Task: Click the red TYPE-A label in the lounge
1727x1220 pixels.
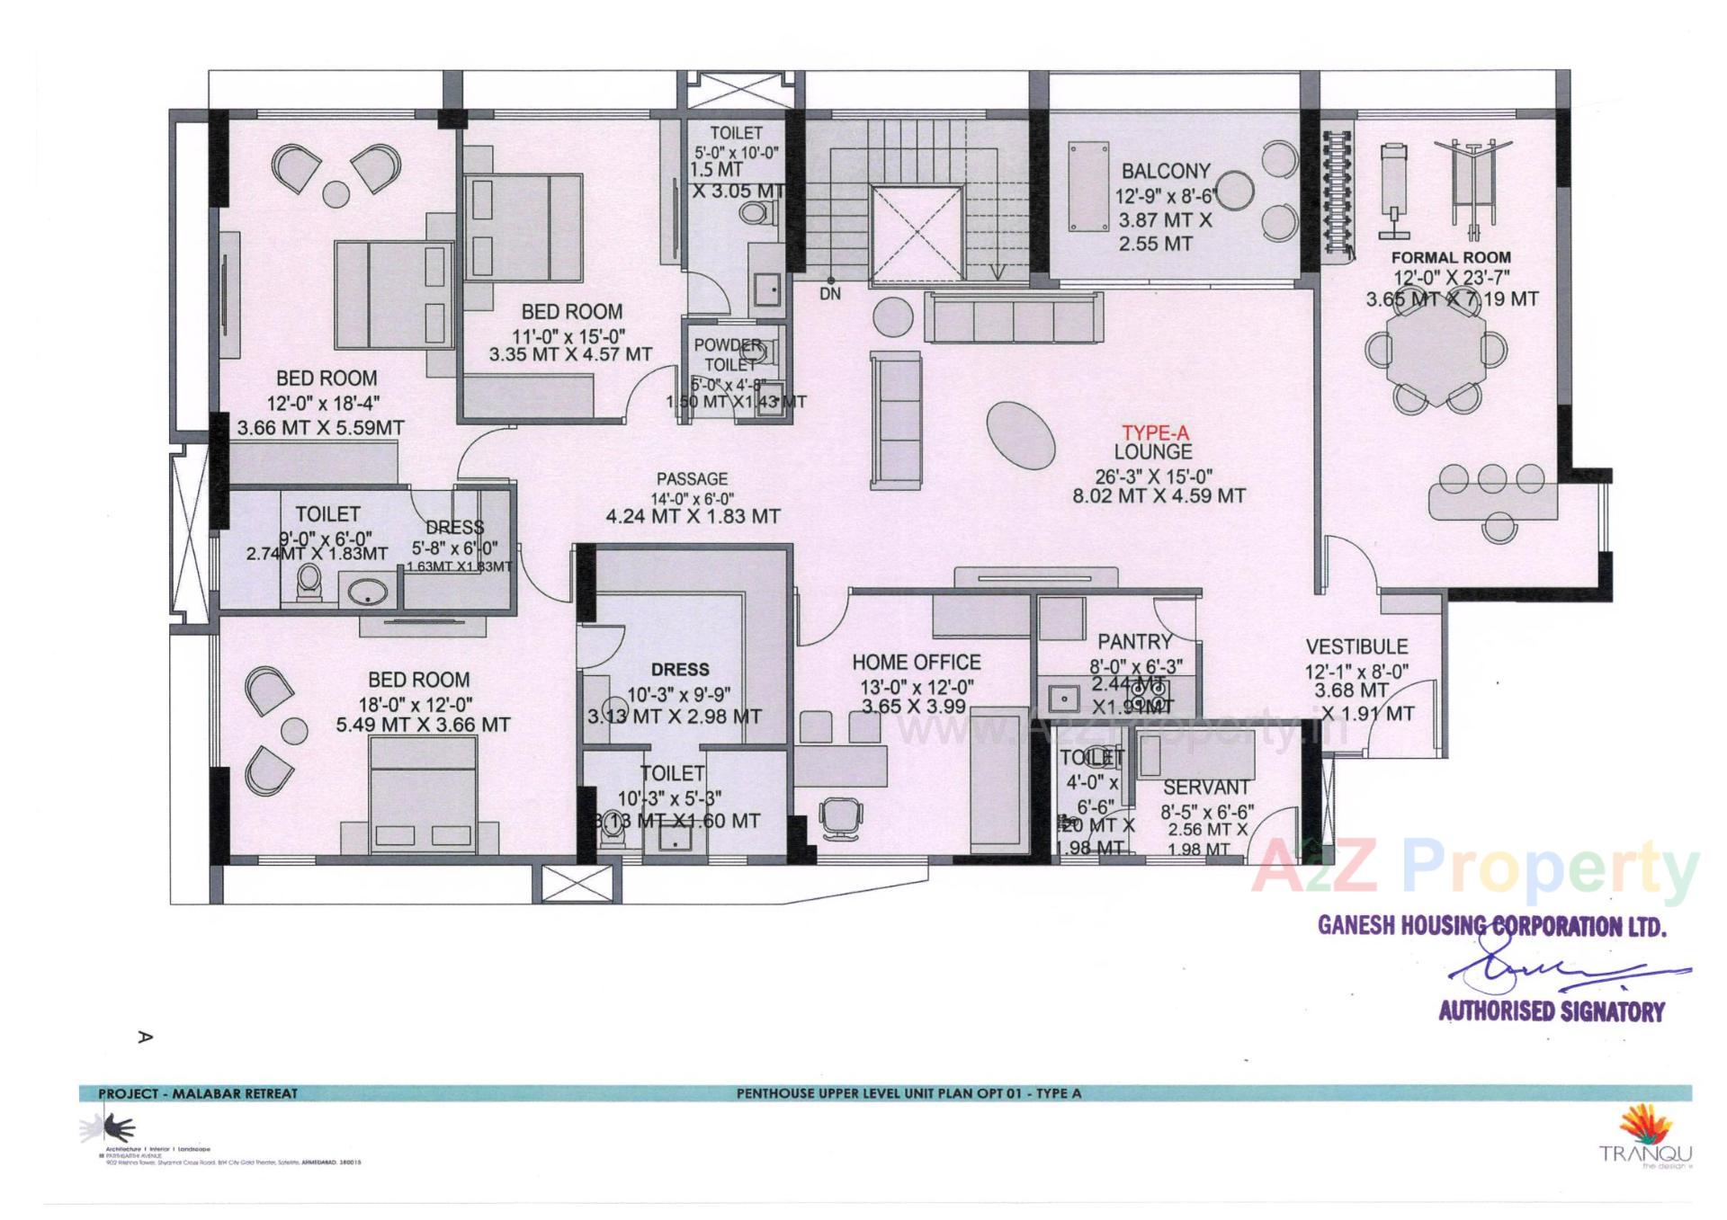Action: coord(1154,434)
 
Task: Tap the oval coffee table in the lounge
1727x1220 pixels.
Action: coord(1021,436)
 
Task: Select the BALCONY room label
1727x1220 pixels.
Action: coord(1166,171)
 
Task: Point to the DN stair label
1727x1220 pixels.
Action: coord(830,294)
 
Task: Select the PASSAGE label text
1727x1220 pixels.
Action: coord(692,479)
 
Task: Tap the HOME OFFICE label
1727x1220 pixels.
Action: coord(916,663)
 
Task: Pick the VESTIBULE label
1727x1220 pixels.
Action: coord(1356,646)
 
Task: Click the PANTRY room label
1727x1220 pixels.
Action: coord(1134,642)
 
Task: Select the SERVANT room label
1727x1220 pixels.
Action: coord(1206,788)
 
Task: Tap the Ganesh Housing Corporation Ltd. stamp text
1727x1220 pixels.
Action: coord(1491,925)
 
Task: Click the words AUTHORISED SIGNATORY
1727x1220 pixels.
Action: coord(1552,1011)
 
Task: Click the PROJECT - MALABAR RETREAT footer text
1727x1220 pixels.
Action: coord(198,1093)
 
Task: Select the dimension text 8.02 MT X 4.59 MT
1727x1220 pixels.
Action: coord(1159,495)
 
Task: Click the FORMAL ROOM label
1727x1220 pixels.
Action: coord(1451,257)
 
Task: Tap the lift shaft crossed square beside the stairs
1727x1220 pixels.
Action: coord(917,236)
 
